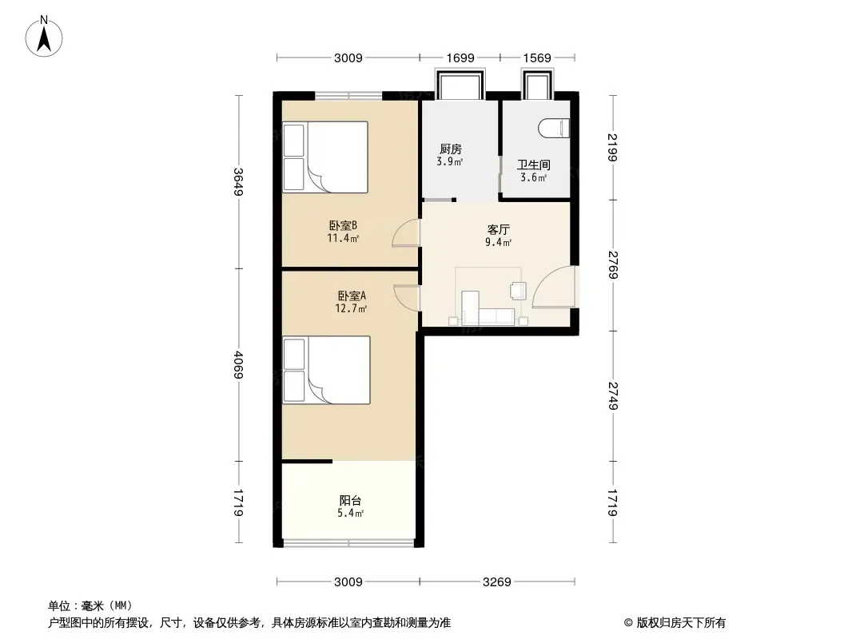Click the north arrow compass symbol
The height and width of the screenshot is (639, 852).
(44, 37)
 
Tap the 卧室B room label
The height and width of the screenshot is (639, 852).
(343, 225)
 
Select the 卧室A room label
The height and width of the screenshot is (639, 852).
(352, 296)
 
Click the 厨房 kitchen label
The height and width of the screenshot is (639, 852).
(451, 149)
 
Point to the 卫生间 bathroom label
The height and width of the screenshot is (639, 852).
(534, 165)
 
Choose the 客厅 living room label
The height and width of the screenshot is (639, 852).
(498, 230)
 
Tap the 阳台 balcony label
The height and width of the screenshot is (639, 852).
(351, 501)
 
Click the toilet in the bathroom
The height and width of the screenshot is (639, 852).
(554, 129)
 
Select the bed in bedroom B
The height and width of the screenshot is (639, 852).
(325, 157)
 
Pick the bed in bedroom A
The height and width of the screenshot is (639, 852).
(326, 370)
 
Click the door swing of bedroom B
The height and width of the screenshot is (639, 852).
(406, 233)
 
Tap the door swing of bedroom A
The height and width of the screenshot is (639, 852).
(407, 297)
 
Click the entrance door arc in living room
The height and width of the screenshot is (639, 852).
(554, 288)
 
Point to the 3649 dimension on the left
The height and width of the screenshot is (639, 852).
(238, 182)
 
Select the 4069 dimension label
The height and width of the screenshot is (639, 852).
(238, 365)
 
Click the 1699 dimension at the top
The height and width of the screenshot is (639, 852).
(460, 58)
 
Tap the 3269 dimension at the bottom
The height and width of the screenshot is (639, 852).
(496, 582)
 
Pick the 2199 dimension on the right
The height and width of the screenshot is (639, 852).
(613, 147)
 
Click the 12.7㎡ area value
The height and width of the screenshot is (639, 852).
(351, 309)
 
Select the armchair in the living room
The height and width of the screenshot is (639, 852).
(518, 291)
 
